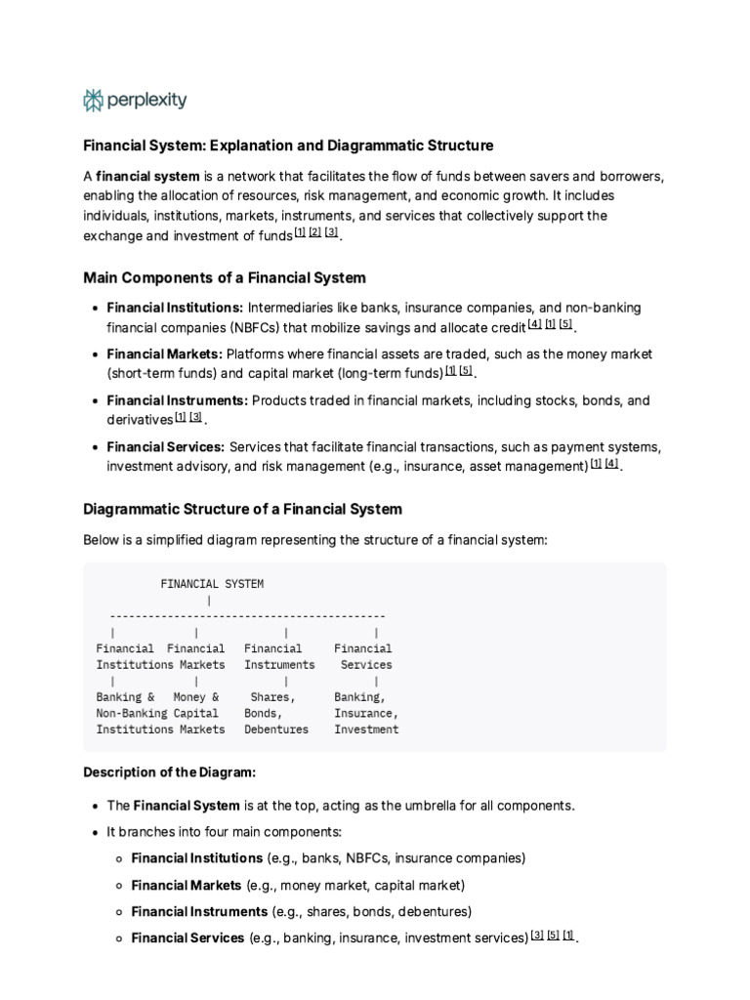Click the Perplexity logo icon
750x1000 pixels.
coord(94,100)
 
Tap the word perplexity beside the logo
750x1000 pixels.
coord(146,100)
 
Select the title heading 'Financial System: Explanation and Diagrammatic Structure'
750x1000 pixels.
coord(288,146)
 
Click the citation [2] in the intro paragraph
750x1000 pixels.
coord(314,232)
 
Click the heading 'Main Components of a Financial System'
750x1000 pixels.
coord(225,278)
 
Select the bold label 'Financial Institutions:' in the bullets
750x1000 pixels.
coord(175,308)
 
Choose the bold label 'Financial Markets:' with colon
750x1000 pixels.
coord(165,354)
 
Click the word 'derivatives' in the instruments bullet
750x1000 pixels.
coord(140,420)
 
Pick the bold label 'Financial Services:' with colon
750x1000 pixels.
coord(166,447)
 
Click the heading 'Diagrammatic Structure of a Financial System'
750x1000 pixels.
coord(242,510)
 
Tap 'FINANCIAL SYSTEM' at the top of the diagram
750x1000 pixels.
coord(212,584)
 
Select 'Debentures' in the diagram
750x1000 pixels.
coord(276,729)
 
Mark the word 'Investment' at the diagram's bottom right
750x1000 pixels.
coord(366,729)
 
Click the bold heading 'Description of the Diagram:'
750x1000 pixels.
coord(170,772)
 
